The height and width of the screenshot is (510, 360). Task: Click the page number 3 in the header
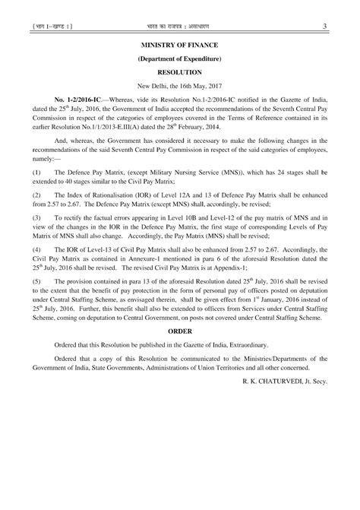click(x=324, y=29)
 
